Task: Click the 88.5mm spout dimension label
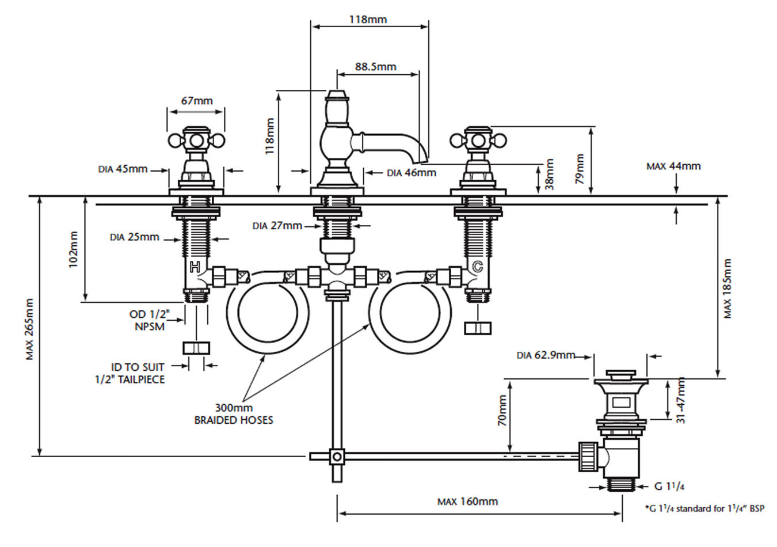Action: tap(375, 66)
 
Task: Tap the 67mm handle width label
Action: tap(197, 101)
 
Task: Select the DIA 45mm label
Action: tap(123, 169)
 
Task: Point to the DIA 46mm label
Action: tap(412, 173)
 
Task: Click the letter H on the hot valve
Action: tap(195, 267)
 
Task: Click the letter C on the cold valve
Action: tap(478, 267)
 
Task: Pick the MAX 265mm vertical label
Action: tap(30, 329)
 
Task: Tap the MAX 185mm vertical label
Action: tap(727, 288)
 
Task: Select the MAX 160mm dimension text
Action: tap(467, 501)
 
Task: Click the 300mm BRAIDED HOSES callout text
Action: tap(234, 414)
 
